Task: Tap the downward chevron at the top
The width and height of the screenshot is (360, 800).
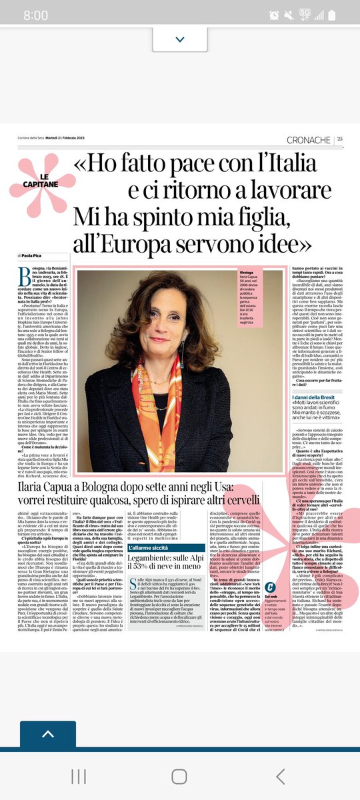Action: click(x=179, y=39)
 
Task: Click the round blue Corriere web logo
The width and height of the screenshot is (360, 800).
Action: click(x=270, y=606)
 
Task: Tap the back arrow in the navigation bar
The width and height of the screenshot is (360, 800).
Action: click(x=281, y=776)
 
